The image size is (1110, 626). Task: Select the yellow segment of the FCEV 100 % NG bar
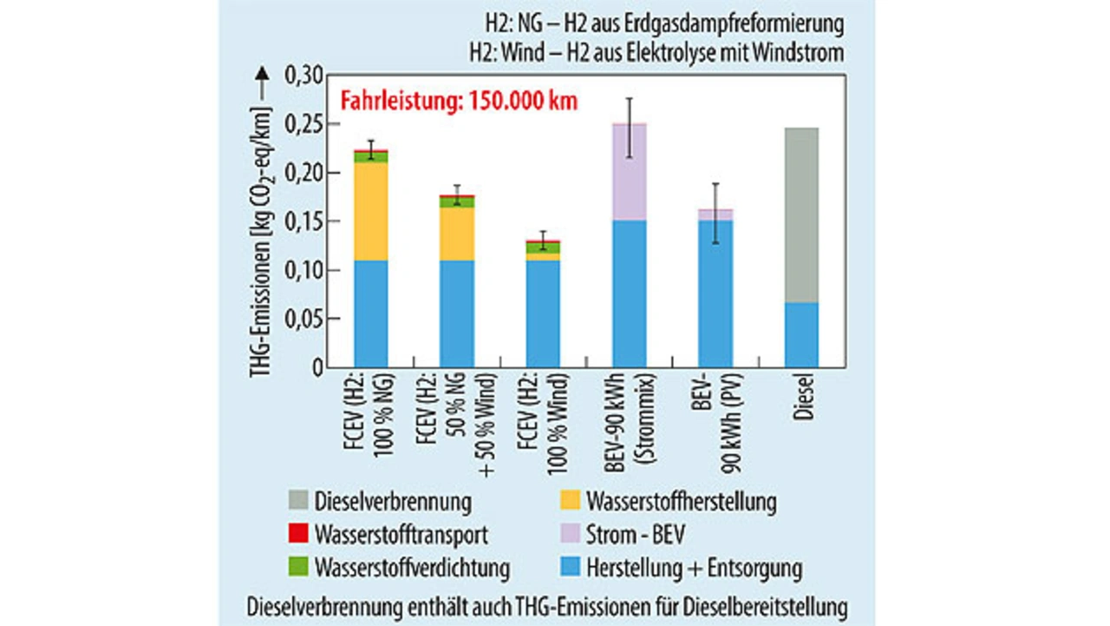coord(371,212)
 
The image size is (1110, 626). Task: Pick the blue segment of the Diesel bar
coord(801,334)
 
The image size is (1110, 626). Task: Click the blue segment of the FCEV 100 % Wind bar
coord(544,313)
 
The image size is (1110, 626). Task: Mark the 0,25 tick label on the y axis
coord(304,125)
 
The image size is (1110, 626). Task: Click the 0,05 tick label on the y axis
coord(304,320)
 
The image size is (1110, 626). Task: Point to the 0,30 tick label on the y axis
coord(304,76)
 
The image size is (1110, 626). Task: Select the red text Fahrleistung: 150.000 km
coord(458,100)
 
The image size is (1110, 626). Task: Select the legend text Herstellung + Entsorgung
coord(694,569)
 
